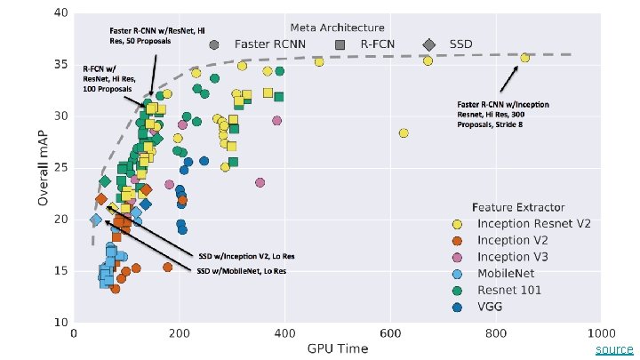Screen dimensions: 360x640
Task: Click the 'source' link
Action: click(x=614, y=349)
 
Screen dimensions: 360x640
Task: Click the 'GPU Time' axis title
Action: click(x=338, y=349)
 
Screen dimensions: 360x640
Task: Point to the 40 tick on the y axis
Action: click(x=59, y=13)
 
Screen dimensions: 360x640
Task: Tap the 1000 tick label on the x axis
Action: click(x=600, y=334)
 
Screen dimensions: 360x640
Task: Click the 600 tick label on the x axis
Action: click(x=389, y=334)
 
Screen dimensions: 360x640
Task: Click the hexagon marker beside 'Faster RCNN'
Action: click(x=214, y=44)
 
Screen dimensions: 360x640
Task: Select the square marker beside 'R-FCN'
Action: click(x=340, y=44)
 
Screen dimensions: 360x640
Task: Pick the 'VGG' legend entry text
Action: click(x=492, y=307)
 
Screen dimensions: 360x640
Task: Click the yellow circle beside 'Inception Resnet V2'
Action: click(x=458, y=223)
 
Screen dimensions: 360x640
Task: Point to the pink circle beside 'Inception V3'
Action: click(x=458, y=256)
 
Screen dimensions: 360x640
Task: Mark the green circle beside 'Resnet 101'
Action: click(x=458, y=290)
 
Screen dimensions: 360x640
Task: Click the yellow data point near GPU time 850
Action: click(x=524, y=58)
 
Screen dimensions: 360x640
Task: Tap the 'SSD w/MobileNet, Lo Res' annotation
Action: click(x=246, y=270)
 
